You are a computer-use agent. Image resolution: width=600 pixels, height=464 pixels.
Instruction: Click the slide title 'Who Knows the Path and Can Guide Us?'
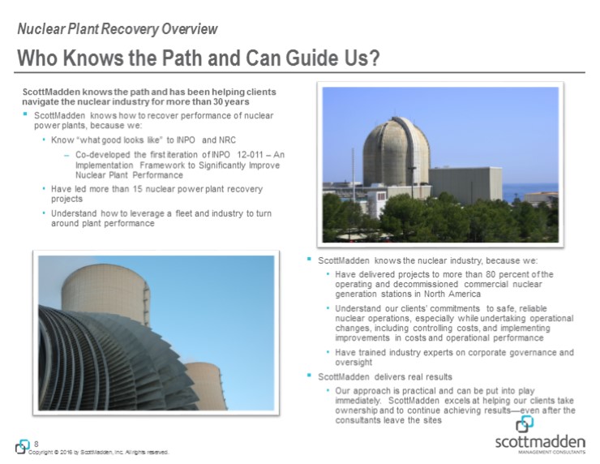(x=199, y=58)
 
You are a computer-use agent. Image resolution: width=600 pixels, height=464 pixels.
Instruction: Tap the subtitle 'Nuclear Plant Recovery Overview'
(x=118, y=29)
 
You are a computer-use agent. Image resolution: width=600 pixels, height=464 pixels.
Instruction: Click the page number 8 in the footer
(x=37, y=443)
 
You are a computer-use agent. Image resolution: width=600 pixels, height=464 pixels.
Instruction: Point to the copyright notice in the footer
(x=97, y=452)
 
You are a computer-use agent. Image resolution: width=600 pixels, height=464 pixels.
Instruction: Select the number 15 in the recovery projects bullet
(x=118, y=188)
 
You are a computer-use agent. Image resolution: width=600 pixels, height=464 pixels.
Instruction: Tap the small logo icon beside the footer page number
(x=22, y=446)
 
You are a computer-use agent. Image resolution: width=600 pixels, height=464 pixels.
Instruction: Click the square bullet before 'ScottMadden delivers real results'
(x=310, y=376)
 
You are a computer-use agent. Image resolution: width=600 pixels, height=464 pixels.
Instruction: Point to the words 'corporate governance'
(x=501, y=353)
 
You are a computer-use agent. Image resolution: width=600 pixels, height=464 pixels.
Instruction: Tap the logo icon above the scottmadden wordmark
(x=525, y=423)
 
